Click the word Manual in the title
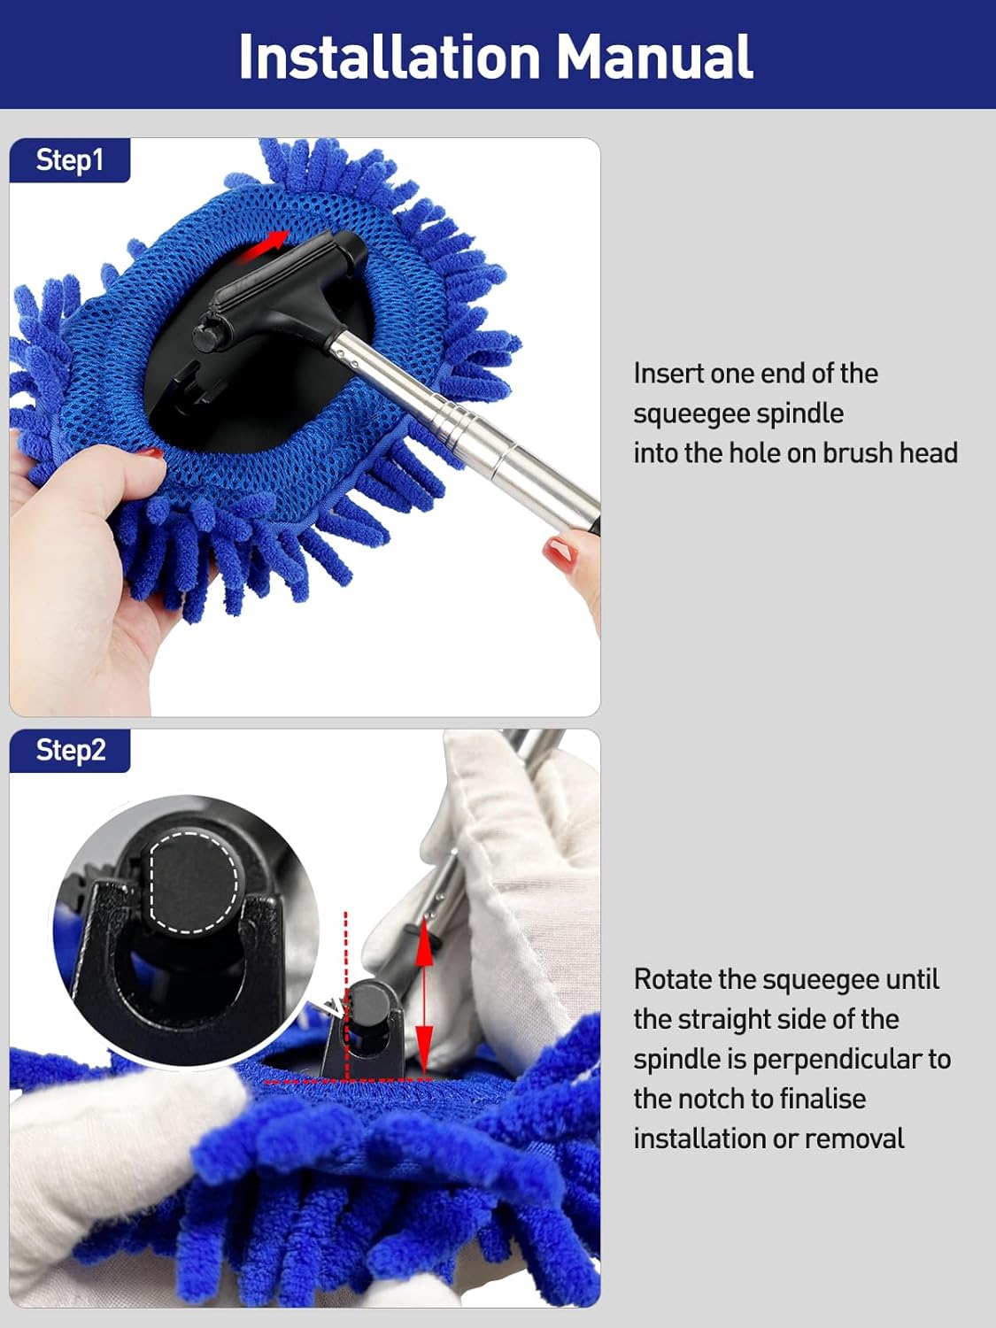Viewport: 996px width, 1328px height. [x=654, y=57]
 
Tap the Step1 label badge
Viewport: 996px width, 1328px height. [x=69, y=160]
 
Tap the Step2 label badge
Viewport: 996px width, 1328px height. [x=70, y=750]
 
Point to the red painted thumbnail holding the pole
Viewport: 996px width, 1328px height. [x=560, y=553]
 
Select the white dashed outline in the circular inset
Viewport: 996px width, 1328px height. [x=194, y=882]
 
